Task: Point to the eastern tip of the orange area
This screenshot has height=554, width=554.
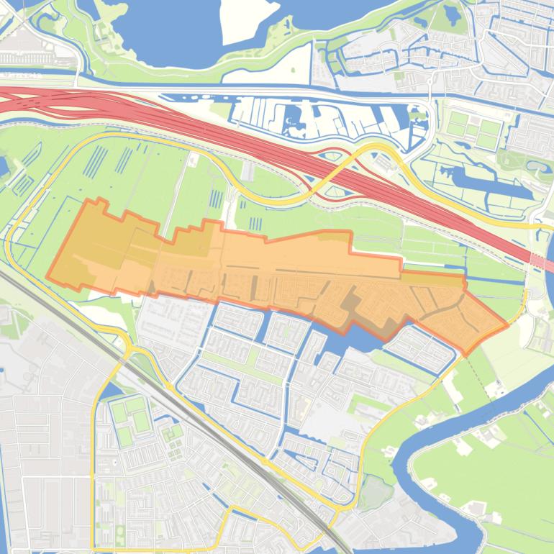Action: coord(507,324)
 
